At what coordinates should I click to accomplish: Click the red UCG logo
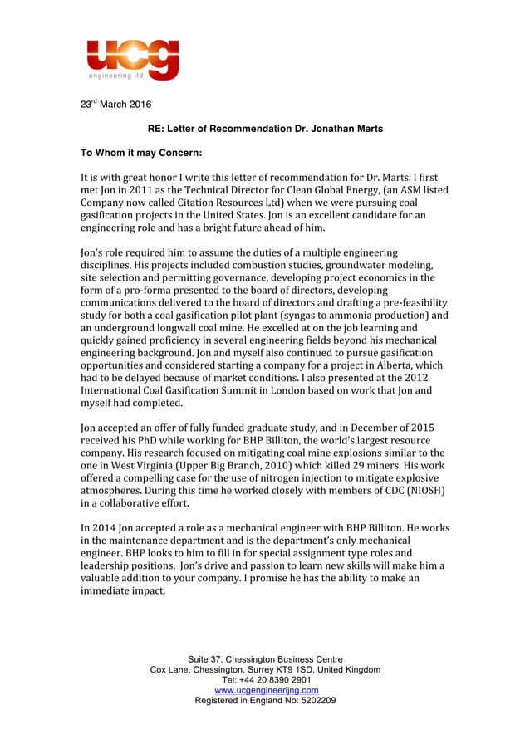pyautogui.click(x=133, y=60)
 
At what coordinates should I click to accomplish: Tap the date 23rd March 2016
pyautogui.click(x=115, y=105)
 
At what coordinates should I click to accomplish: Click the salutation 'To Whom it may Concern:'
pyautogui.click(x=140, y=153)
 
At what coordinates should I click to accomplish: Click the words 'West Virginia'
pyautogui.click(x=128, y=465)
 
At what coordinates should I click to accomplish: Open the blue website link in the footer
pyautogui.click(x=266, y=690)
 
